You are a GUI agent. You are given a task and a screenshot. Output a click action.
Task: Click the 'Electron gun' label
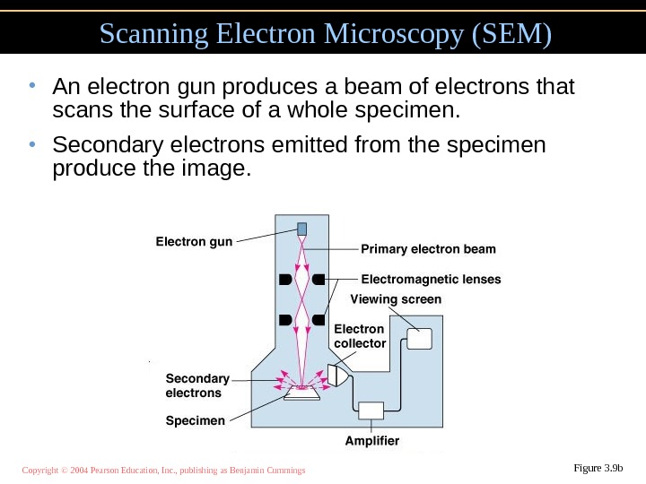click(x=194, y=241)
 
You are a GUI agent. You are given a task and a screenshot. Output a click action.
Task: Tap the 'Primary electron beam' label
click(x=428, y=248)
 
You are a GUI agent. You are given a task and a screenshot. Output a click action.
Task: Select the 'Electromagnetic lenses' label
click(x=431, y=279)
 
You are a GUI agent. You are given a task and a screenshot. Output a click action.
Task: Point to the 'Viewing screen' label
click(x=395, y=299)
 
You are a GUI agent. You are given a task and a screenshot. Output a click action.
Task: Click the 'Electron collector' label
click(x=359, y=336)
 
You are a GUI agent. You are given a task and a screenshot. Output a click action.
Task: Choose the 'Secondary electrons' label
click(x=197, y=385)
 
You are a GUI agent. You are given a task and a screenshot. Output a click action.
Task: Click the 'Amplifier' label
click(x=372, y=441)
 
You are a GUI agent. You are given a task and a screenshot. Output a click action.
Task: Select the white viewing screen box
click(x=419, y=339)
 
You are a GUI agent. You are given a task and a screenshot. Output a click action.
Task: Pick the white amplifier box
click(x=371, y=410)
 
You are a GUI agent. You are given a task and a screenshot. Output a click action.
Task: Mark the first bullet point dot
click(x=31, y=87)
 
